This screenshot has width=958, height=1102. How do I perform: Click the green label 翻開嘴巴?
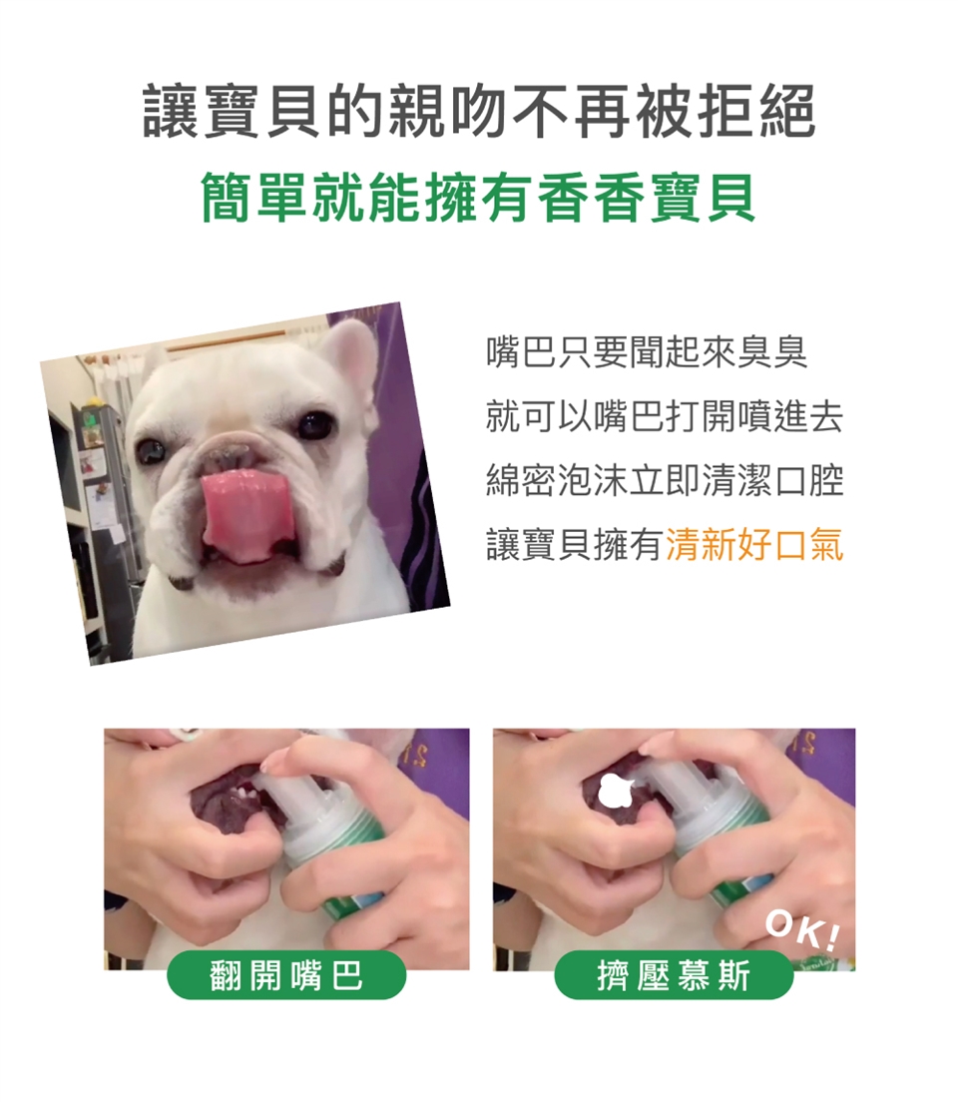click(286, 975)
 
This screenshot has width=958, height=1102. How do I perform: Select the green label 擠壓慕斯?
click(674, 975)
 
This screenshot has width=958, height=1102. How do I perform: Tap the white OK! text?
click(802, 929)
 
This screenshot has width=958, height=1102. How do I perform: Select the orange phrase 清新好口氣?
click(754, 545)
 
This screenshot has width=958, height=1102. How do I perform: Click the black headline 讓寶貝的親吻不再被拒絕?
click(479, 111)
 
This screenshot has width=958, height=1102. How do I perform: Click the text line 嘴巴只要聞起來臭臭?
click(647, 352)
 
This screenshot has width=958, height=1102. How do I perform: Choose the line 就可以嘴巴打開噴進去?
click(665, 417)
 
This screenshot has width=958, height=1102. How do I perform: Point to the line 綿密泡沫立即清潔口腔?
click(665, 481)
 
